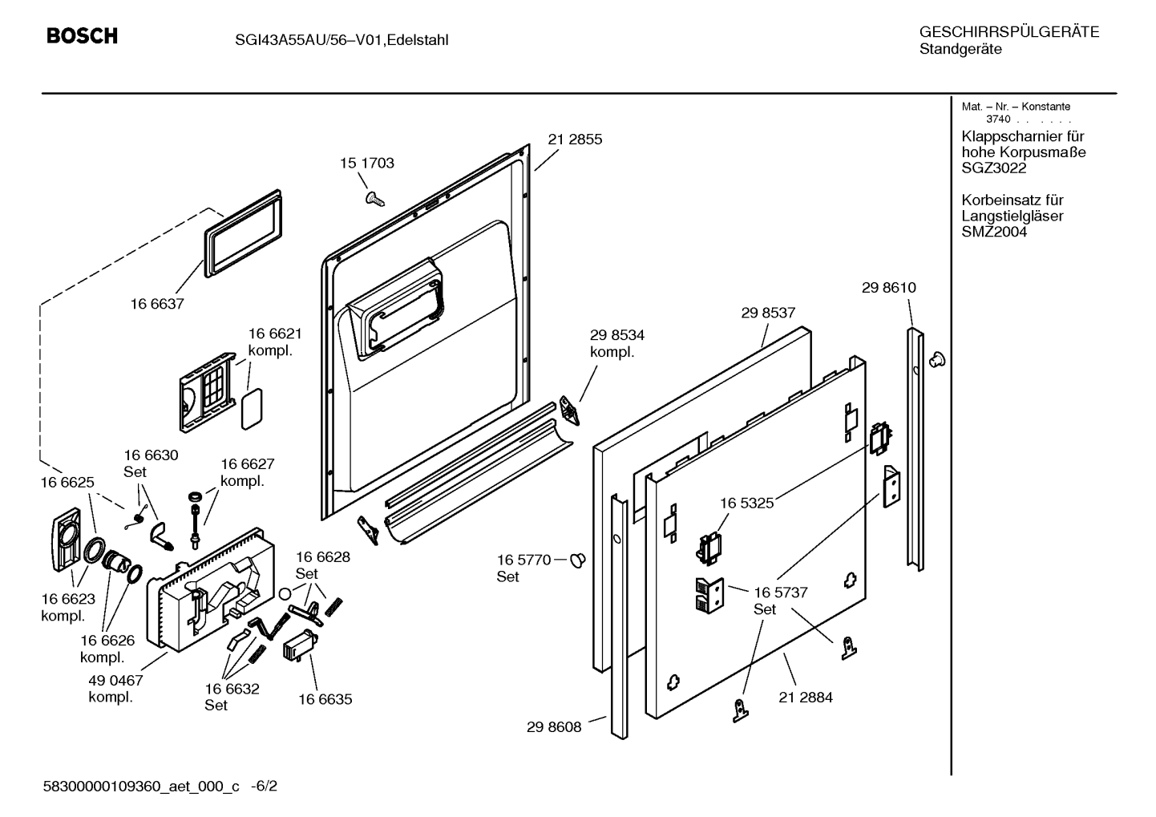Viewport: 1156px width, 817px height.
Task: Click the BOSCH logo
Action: [82, 35]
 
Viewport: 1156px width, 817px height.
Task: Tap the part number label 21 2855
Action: [575, 140]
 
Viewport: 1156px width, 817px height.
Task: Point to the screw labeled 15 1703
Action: [374, 198]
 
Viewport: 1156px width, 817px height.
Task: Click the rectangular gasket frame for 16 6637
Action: [243, 233]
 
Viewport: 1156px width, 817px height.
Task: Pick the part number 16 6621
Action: [275, 334]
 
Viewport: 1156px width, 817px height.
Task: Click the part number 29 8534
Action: [617, 335]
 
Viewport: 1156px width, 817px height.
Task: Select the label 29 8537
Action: [769, 312]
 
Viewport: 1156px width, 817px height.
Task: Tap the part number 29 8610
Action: [889, 288]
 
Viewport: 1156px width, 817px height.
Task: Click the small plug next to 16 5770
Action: [578, 560]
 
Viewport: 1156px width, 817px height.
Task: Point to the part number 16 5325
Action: [747, 504]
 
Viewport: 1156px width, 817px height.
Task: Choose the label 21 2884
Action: [806, 698]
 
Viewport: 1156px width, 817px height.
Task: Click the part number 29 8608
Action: [554, 726]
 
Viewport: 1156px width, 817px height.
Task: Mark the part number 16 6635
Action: [325, 699]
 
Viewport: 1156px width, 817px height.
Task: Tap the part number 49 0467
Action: [115, 680]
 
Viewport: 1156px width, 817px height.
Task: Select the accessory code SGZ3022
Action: [994, 168]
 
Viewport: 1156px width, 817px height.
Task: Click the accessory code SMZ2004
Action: [994, 232]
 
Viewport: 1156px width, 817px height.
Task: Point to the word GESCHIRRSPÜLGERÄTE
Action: [1009, 32]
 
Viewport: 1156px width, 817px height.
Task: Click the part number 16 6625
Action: [67, 482]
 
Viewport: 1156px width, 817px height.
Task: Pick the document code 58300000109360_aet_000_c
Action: [141, 787]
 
